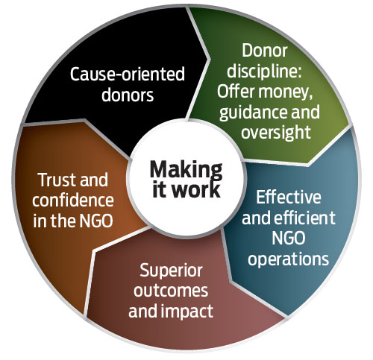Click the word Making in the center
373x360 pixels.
tap(186, 170)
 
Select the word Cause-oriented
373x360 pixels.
tap(128, 74)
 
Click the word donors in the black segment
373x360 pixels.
tap(128, 95)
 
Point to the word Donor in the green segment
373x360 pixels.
tap(265, 51)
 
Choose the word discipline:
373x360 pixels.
tap(264, 71)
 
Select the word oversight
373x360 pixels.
tap(276, 133)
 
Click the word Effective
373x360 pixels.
tap(289, 197)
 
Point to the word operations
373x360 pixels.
tap(289, 259)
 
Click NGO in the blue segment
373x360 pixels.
tap(289, 238)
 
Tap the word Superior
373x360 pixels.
tap(171, 271)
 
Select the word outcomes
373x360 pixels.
tap(171, 291)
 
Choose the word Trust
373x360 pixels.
tap(55, 180)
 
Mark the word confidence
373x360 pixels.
tap(73, 200)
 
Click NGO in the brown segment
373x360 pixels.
tap(96, 221)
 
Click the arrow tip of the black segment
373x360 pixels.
tap(210, 59)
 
